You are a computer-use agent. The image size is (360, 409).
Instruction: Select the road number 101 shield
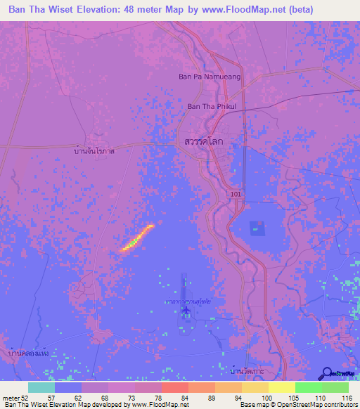coord(234,193)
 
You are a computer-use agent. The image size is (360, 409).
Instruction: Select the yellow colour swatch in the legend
coord(281,387)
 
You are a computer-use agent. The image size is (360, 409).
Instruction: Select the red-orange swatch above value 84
coord(174,387)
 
